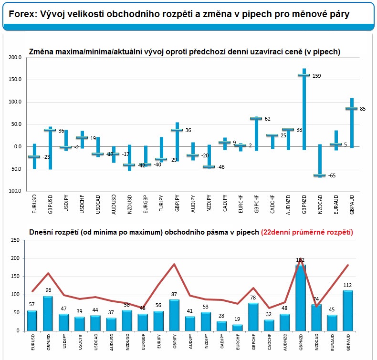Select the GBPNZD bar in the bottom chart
tap(301, 298)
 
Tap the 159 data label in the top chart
tap(316, 76)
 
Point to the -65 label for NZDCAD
tap(332, 175)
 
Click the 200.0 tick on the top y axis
tap(15, 57)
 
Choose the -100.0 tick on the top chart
tap(14, 191)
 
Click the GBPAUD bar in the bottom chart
tap(348, 311)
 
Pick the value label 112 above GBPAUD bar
tap(347, 285)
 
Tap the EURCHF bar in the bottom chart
tap(237, 328)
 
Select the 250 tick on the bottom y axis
tap(15, 240)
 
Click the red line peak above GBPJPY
tap(174, 264)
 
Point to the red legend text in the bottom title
tap(307, 232)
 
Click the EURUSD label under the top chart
tap(34, 204)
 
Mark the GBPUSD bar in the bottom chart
tap(48, 314)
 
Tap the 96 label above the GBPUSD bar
tap(48, 290)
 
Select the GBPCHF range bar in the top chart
tap(257, 134)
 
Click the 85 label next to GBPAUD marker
tap(363, 109)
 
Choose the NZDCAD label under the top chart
tap(320, 205)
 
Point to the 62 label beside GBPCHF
tap(267, 119)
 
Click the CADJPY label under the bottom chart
tap(222, 341)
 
